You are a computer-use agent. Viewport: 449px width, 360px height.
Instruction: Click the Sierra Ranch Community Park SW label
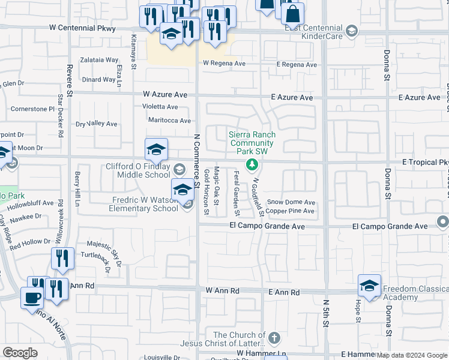252,143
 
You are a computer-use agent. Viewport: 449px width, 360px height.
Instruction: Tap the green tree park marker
253,164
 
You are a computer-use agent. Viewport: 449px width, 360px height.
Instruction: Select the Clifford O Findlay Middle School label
138,171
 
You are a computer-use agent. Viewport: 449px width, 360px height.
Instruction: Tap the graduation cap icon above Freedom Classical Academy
369,285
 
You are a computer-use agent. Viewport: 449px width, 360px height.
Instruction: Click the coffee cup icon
32,297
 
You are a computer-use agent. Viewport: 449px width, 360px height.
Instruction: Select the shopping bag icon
292,14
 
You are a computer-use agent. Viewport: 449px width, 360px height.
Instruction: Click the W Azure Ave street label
165,95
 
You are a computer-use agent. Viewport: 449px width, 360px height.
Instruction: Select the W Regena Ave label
224,63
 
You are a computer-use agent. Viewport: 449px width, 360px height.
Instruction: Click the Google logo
20,353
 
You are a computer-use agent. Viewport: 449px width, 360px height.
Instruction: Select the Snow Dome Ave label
291,203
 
